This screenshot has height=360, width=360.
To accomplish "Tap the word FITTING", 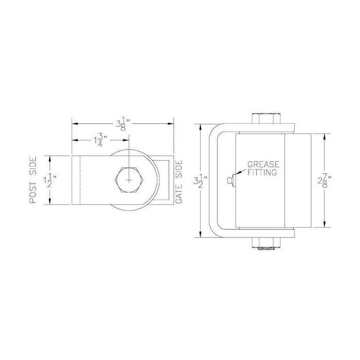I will coord(262,173).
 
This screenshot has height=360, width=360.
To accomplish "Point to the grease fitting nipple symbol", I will coord(230,179).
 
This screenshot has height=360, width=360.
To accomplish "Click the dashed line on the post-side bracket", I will coord(80,179).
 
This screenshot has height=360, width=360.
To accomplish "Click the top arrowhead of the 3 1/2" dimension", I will coord(200,127).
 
